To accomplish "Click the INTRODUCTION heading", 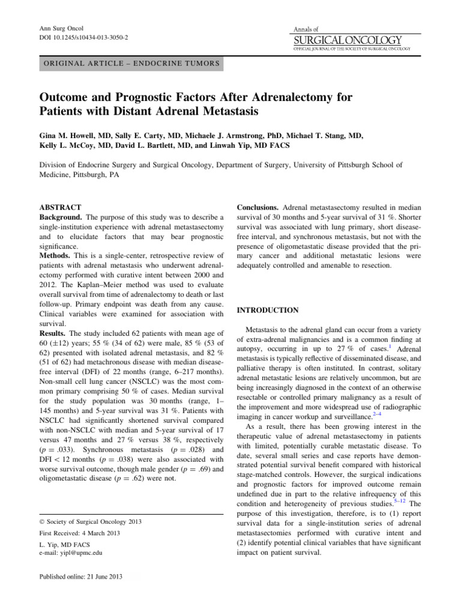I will click(x=268, y=310).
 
